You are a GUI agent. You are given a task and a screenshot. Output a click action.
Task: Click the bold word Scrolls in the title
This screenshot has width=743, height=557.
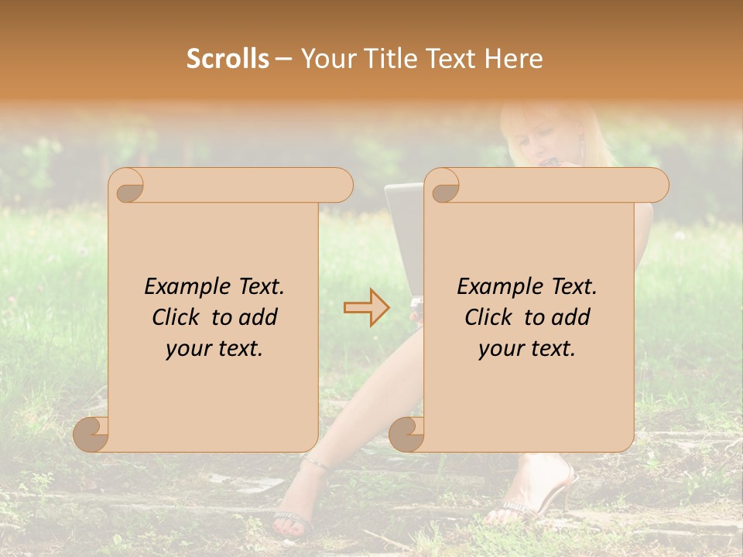228,58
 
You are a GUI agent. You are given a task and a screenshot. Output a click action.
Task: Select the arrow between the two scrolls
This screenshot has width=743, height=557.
366,307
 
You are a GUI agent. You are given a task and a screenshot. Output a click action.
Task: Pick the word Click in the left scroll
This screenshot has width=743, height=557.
177,317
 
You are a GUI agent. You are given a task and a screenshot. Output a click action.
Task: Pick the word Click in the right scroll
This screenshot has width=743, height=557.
490,317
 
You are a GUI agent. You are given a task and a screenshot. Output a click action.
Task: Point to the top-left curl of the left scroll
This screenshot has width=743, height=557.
127,186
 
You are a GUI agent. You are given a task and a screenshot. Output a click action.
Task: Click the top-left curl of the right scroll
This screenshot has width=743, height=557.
443,186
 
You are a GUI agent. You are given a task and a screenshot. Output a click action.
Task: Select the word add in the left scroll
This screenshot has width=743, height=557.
259,317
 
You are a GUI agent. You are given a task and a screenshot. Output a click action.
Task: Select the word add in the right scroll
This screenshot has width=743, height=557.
572,317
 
